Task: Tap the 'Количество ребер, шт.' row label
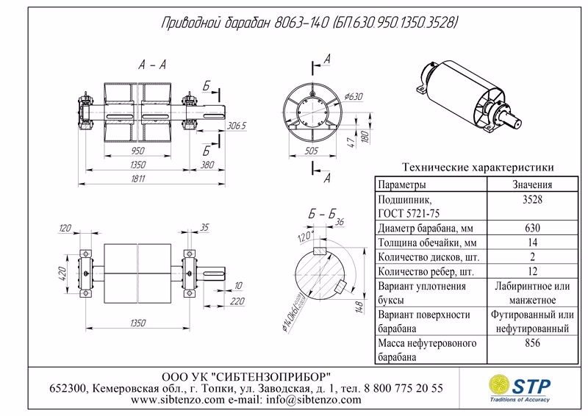point(423,271)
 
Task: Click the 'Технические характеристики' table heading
point(475,168)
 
